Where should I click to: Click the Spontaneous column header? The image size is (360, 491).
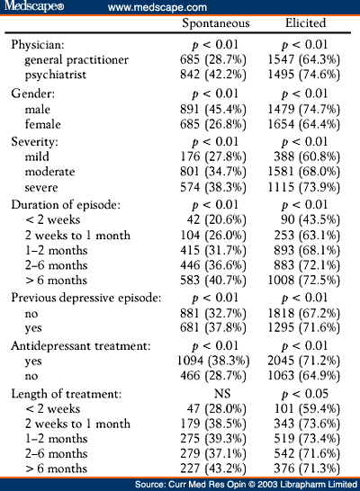216,23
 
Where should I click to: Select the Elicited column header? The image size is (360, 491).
305,22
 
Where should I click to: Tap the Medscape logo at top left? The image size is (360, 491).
34,6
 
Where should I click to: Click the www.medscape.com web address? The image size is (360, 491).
157,7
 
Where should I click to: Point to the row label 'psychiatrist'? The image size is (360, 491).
56,76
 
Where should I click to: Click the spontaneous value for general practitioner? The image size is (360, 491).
213,60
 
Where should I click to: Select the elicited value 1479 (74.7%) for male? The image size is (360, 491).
303,110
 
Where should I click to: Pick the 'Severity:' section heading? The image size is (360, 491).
34,142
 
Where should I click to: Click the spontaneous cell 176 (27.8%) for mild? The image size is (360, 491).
213,156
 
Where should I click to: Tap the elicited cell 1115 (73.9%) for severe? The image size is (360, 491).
303,187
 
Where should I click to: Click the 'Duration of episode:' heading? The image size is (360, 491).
66,205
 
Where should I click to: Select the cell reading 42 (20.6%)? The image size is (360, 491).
217,219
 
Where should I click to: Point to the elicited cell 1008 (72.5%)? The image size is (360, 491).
303,281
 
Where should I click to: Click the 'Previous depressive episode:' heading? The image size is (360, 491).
86,298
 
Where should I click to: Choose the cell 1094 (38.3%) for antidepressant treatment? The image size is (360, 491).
213,361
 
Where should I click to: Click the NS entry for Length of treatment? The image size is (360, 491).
222,394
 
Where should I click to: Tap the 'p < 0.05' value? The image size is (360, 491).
305,394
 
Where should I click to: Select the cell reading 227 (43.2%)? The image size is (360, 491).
213,469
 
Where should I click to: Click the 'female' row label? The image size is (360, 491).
43,124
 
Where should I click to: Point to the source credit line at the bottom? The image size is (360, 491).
246,485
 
